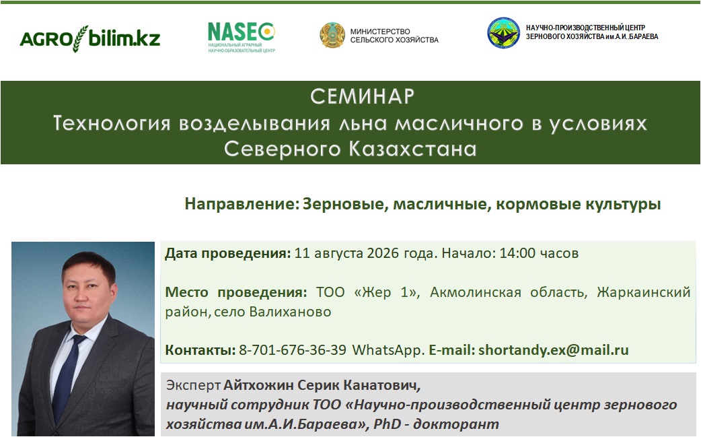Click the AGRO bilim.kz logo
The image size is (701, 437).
click(90, 39)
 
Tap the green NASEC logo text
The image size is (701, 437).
click(241, 32)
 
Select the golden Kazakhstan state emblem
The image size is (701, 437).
click(332, 35)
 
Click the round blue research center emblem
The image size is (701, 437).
click(503, 32)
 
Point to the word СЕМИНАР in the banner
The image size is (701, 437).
click(363, 96)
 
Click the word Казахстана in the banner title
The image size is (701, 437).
click(412, 149)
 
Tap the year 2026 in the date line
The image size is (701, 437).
click(383, 253)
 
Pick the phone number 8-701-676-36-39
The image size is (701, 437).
click(293, 349)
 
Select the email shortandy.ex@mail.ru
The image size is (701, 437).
click(554, 349)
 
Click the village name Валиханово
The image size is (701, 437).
click(290, 312)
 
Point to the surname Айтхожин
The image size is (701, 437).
click(259, 385)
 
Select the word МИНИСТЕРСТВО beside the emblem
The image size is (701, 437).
click(380, 31)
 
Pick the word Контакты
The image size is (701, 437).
click(200, 349)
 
